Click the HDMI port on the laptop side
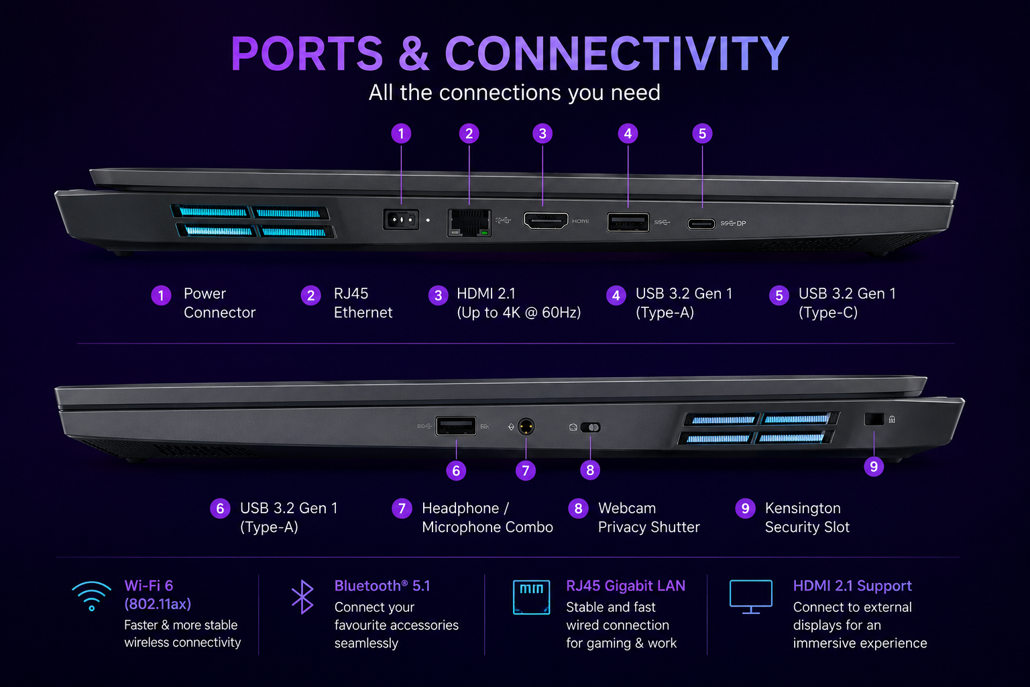(x=546, y=221)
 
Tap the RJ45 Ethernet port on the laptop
(x=469, y=223)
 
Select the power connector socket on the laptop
(x=401, y=219)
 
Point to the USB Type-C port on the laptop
(x=701, y=223)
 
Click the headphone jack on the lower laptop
(x=526, y=427)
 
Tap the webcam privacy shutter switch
(x=590, y=427)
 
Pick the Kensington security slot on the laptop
(x=874, y=419)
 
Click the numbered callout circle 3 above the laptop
(x=542, y=134)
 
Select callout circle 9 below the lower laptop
(x=874, y=466)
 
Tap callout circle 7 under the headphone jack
(x=526, y=470)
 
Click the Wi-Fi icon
(x=91, y=596)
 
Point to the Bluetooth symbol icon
(x=302, y=597)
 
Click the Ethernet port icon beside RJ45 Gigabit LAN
(x=531, y=597)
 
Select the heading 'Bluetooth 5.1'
(x=382, y=586)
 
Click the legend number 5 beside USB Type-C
(x=779, y=295)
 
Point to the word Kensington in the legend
(x=803, y=509)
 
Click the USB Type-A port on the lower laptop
(x=456, y=426)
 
